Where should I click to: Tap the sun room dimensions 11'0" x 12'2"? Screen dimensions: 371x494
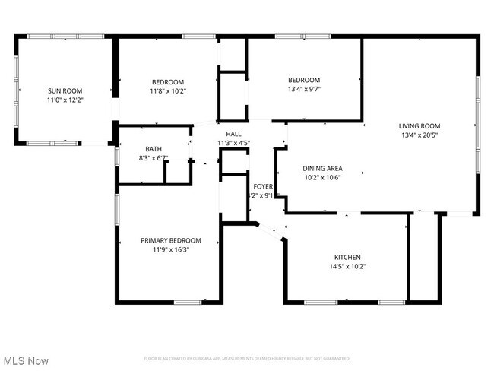pyautogui.click(x=64, y=100)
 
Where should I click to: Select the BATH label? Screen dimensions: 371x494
pyautogui.click(x=154, y=150)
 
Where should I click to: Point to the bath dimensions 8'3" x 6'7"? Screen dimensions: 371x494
pyautogui.click(x=154, y=158)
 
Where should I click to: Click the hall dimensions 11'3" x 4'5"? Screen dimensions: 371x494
pyautogui.click(x=233, y=142)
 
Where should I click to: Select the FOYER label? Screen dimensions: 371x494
pyautogui.click(x=263, y=186)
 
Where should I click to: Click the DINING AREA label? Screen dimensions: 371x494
pyautogui.click(x=322, y=169)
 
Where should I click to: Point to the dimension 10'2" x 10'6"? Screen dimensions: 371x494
pyautogui.click(x=322, y=177)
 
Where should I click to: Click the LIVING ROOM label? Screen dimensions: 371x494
pyautogui.click(x=420, y=126)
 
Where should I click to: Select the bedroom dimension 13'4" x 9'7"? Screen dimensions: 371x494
pyautogui.click(x=304, y=88)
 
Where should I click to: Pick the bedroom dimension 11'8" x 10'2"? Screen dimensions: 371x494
pyautogui.click(x=168, y=91)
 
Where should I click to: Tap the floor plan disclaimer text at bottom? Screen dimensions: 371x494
pyautogui.click(x=247, y=358)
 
